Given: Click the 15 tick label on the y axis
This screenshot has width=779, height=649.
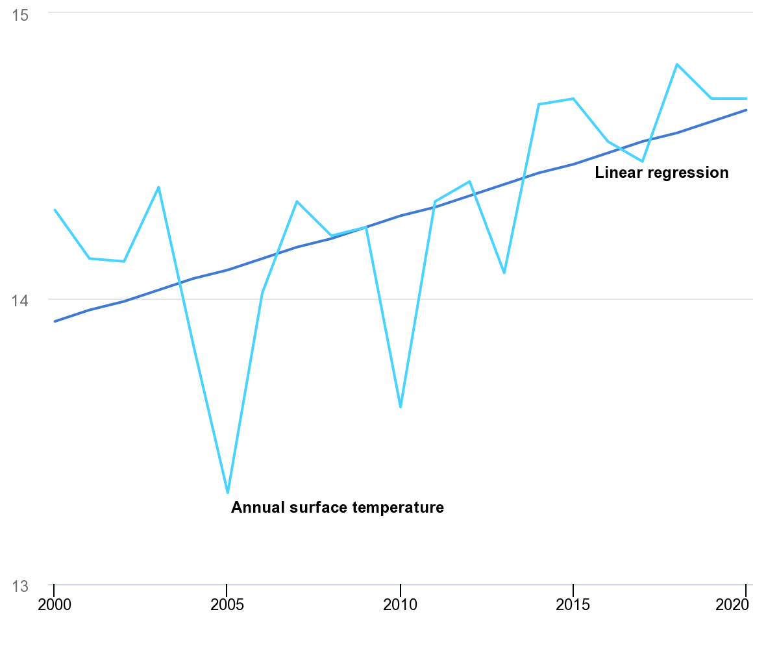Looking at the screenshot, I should (21, 15).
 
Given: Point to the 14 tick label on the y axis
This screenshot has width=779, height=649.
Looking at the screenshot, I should (21, 300).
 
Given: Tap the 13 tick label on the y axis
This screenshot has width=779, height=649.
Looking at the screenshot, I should (21, 586).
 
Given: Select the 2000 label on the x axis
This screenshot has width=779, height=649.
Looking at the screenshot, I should (54, 605).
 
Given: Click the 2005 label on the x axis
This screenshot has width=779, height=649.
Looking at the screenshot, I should (227, 605).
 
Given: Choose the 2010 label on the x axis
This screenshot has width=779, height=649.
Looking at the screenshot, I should (401, 605).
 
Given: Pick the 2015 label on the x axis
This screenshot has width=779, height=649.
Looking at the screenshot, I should (573, 605).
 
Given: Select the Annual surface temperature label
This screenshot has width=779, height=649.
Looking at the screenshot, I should (338, 508).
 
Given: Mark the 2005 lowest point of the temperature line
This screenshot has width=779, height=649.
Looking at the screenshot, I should (227, 493).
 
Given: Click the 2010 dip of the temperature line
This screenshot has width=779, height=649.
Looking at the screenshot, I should (401, 407).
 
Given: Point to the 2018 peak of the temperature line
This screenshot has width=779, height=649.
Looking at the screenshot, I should (677, 64).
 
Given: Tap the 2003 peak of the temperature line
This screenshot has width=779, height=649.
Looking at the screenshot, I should (158, 187).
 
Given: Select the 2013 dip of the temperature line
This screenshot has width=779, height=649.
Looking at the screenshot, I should (504, 273).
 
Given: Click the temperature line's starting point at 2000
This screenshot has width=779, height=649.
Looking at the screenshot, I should (55, 210).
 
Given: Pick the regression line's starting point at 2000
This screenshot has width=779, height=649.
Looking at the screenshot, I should (55, 321).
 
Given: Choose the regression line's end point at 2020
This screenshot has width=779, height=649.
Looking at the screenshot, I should (746, 110).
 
